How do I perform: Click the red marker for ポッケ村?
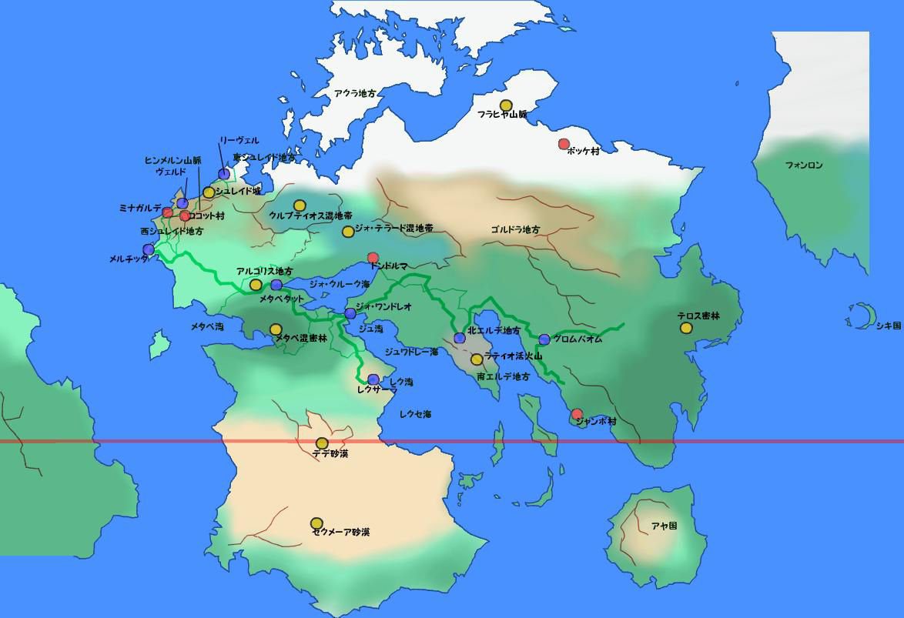coord(564,144)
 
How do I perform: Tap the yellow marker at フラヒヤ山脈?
coord(506,105)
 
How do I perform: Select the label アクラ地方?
coord(355,93)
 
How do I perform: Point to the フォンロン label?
coord(804,165)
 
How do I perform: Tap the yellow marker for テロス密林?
coord(686,328)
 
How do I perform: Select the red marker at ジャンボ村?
coord(578,414)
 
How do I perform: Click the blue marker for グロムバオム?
coord(544,339)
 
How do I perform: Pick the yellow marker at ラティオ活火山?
coord(477,359)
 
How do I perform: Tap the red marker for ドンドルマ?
coord(373,258)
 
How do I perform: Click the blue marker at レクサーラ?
coord(373,379)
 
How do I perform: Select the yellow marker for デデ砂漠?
coord(322,443)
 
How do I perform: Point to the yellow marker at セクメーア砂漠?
coord(316,523)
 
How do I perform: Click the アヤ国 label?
coord(664,526)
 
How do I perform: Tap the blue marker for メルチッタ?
coord(149,249)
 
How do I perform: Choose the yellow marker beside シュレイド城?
coord(209,192)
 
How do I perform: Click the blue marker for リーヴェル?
coord(223,174)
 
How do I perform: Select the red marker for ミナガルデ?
coord(168,212)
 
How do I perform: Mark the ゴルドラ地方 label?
coord(515,230)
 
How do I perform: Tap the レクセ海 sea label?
coord(415,414)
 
